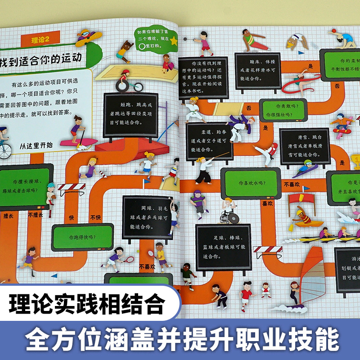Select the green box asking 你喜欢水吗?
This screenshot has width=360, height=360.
pos(250,183)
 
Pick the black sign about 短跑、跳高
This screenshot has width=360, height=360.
pos(131,115)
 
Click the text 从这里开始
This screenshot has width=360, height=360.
pos(36,145)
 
